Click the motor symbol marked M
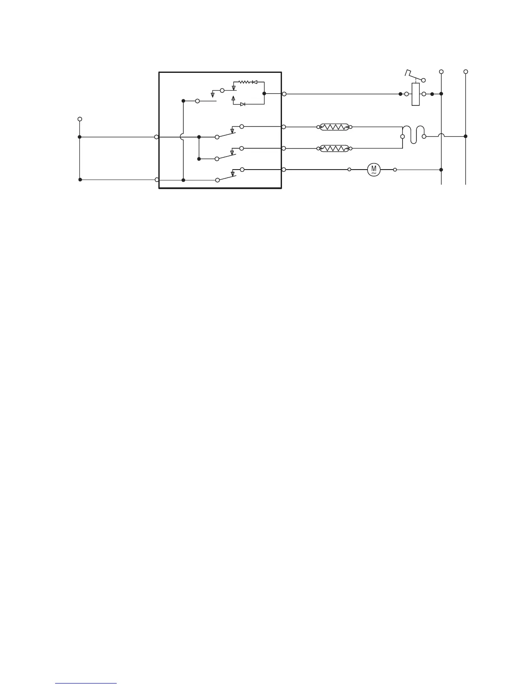coord(374,170)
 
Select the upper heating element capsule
coord(334,127)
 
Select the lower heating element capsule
coord(334,148)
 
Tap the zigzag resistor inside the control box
coord(245,82)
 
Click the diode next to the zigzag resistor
coord(255,82)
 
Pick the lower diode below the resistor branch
coord(243,104)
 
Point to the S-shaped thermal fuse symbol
coord(413,133)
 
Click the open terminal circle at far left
coord(79,119)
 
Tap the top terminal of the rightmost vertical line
coord(465,72)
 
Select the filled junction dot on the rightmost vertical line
coord(465,136)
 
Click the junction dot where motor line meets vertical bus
coord(441,170)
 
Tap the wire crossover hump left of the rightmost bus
coord(441,136)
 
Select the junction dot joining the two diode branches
coord(264,93)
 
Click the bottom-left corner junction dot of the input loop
coord(80,180)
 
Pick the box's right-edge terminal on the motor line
coord(284,170)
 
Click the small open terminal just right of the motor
coord(395,170)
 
